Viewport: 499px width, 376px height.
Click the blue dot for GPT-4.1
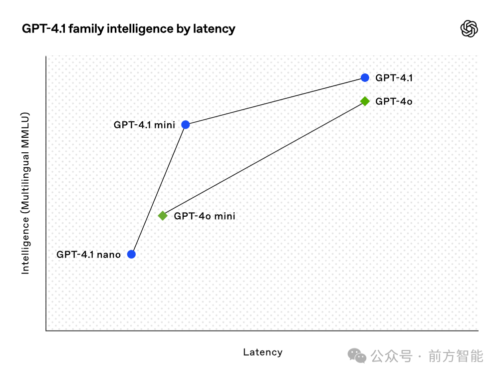[x=365, y=78]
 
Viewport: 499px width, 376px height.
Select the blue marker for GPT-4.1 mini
[x=186, y=125]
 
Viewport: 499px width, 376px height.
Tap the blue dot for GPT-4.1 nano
[x=131, y=254]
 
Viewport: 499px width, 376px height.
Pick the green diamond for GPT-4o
[x=365, y=101]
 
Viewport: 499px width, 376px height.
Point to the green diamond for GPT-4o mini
[x=163, y=216]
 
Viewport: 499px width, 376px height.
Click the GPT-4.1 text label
[x=394, y=78]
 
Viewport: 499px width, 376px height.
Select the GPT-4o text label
[x=394, y=101]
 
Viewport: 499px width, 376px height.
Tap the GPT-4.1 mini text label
[x=145, y=125]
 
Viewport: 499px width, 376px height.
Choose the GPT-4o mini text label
[x=205, y=216]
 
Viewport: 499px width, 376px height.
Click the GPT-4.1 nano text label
[x=89, y=255]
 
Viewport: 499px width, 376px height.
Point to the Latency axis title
[x=263, y=352]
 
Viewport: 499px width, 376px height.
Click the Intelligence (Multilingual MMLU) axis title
[x=25, y=193]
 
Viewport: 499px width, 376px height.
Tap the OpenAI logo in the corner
[x=469, y=28]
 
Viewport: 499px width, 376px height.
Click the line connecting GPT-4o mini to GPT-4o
[x=264, y=159]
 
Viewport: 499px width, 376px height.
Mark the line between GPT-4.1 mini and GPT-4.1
[x=275, y=101]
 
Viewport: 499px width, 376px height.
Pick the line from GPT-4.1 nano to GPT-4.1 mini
[x=159, y=190]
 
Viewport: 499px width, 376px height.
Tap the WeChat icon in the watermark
[x=357, y=356]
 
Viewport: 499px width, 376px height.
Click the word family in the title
[x=86, y=29]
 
